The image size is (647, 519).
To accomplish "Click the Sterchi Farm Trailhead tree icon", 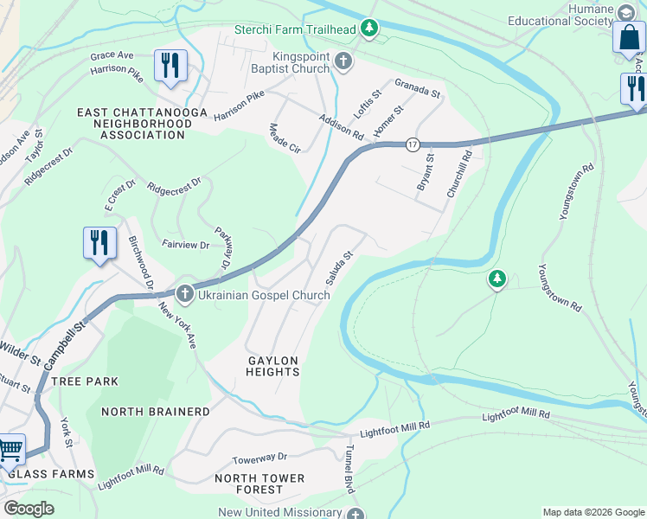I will (x=370, y=29).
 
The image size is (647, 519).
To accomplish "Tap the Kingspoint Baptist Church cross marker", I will (x=343, y=61).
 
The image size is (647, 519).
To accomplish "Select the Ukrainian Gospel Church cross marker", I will (x=184, y=295).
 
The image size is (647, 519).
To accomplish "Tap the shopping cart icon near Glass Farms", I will (x=10, y=450).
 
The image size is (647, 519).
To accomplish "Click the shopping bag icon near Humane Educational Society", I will (x=629, y=40).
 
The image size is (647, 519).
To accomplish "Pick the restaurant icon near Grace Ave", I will (x=170, y=67).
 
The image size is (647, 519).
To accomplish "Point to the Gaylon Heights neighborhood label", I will (x=272, y=366).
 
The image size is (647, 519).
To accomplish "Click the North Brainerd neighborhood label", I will (x=156, y=412).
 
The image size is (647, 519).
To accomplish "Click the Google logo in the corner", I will (x=29, y=509).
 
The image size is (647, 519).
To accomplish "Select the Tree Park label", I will (x=84, y=381).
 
